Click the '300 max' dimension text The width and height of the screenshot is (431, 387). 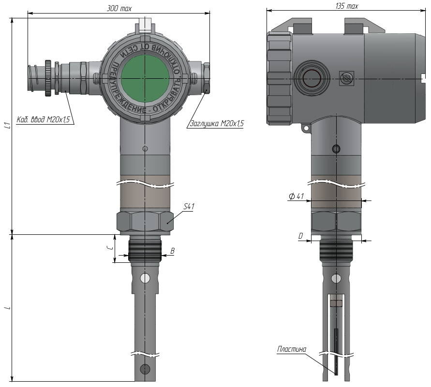tap(119, 9)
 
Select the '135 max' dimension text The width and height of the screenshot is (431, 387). tap(347, 6)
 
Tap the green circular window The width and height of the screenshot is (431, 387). tap(145, 78)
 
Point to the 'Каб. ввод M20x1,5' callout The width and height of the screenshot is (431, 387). tap(43, 120)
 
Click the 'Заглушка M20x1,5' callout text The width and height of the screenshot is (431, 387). tap(217, 124)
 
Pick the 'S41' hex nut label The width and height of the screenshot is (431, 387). tap(189, 206)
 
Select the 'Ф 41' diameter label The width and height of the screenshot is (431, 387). tap(297, 196)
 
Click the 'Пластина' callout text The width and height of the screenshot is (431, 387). tap(291, 349)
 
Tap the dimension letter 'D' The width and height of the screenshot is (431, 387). tap(300, 236)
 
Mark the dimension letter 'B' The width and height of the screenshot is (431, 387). tap(172, 251)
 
